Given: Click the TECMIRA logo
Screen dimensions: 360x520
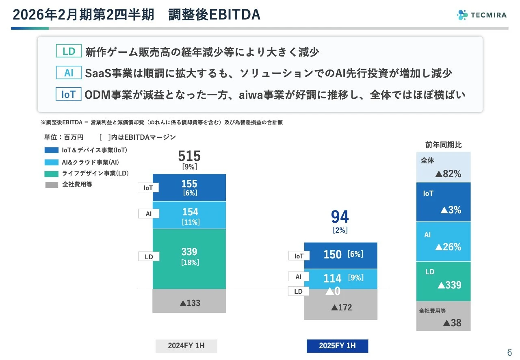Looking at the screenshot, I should pos(481,15).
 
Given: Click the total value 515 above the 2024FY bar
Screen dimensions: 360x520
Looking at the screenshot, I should pos(189,156).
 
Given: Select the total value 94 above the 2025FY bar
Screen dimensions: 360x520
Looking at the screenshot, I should pos(340,217).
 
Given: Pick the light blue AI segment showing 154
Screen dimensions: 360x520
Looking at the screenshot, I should pos(189,215).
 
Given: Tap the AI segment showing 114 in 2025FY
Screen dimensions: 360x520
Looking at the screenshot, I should pos(340,279).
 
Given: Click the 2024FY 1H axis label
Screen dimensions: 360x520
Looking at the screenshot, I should pos(186,346).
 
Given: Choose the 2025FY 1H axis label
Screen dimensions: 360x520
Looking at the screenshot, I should pos(337,346).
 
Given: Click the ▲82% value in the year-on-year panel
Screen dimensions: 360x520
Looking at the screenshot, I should pos(448,174).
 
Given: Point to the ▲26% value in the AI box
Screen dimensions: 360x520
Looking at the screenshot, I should pos(448,247).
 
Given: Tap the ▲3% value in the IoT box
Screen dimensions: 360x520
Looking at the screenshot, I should pos(451,210).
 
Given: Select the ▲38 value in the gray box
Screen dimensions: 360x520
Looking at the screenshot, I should pos(452,323).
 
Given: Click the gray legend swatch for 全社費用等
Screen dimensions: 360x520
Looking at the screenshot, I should pos(52,184).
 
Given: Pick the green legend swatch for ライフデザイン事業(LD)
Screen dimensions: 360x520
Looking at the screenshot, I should pos(52,173).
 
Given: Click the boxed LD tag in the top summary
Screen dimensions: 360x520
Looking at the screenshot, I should pos(69,52).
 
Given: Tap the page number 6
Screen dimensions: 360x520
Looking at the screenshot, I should pos(509,352).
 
